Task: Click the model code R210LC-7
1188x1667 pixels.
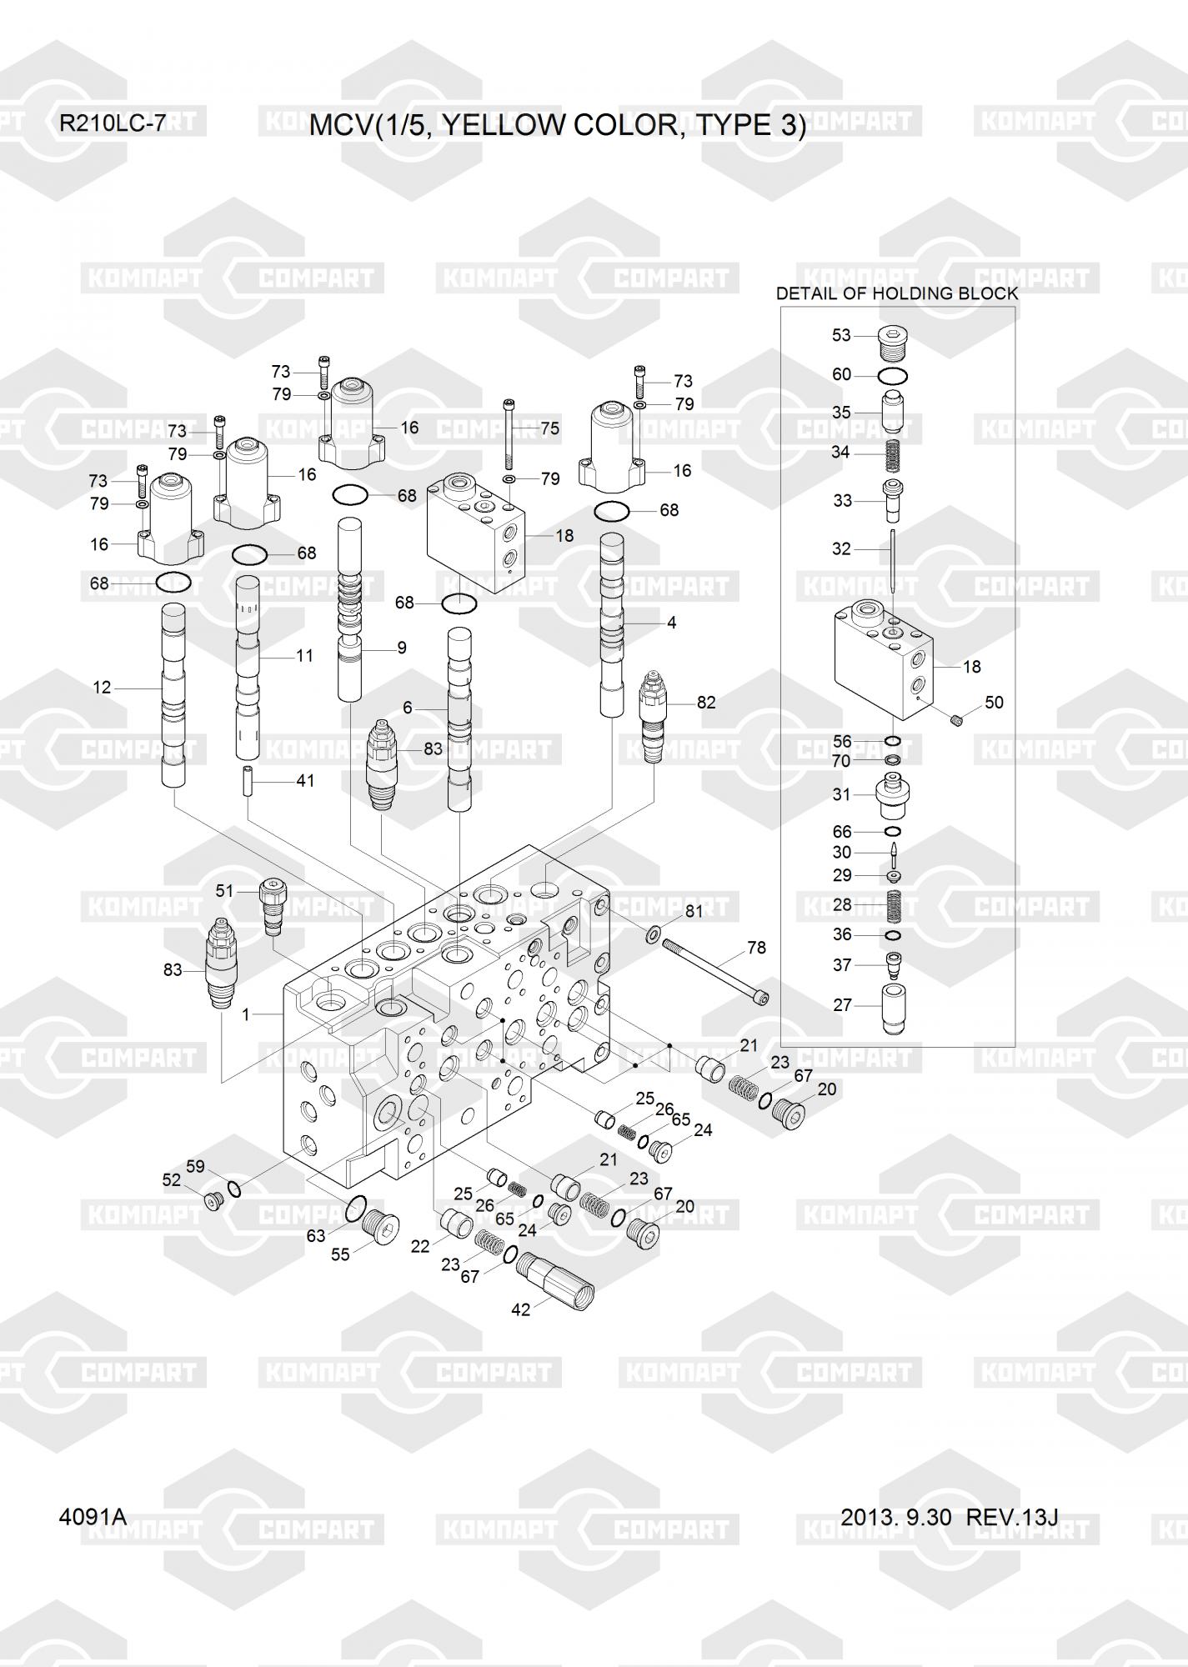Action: tap(112, 124)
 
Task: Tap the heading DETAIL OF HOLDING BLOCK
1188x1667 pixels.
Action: tap(897, 293)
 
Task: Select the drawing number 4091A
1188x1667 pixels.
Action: tap(93, 1517)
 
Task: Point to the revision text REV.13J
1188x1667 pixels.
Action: tap(1012, 1517)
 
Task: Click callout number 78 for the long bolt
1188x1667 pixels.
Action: tap(756, 948)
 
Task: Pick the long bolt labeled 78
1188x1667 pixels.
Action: tap(715, 969)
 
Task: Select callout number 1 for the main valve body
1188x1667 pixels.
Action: tap(246, 1015)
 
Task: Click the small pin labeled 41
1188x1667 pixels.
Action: tap(248, 781)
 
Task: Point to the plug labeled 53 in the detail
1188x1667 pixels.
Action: tap(893, 342)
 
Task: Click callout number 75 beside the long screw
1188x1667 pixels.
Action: tap(549, 428)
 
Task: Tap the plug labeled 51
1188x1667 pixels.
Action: tap(274, 907)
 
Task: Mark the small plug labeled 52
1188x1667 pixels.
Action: tap(213, 1201)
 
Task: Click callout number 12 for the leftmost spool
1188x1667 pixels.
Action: tap(102, 688)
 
